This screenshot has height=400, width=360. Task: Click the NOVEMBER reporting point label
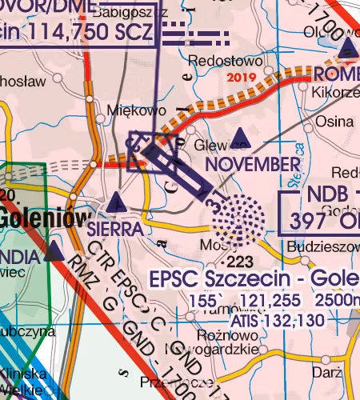pos(252,165)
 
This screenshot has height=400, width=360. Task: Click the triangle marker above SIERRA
pos(116,202)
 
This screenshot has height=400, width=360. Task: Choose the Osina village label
pos(334,122)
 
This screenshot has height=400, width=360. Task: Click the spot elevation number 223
pos(238,262)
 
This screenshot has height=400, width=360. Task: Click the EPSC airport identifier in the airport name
pos(176,280)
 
